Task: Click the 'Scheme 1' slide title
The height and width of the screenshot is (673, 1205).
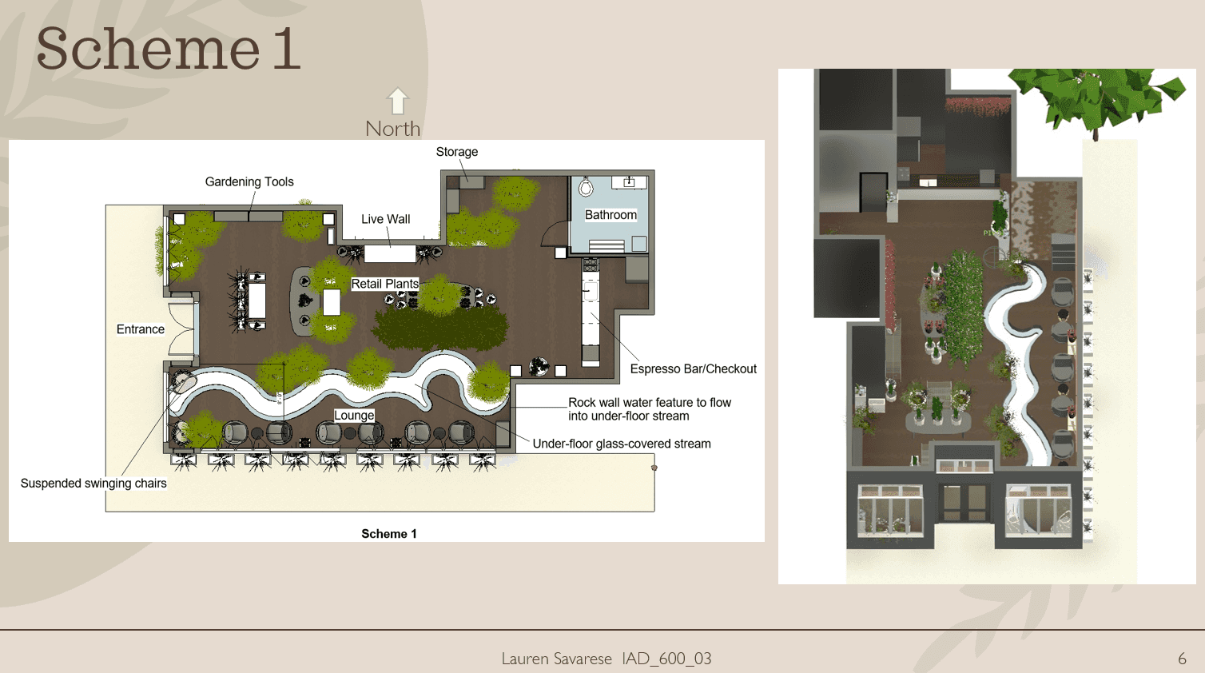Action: tap(169, 49)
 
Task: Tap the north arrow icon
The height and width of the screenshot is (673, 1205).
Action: tap(398, 101)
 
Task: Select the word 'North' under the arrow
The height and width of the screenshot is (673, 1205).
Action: tap(392, 129)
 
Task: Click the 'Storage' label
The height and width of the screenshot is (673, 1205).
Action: tap(457, 152)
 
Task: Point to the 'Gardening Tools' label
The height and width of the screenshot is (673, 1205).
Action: tap(249, 181)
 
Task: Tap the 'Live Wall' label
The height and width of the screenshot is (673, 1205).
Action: tap(385, 220)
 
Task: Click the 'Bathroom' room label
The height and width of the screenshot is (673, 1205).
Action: tap(610, 215)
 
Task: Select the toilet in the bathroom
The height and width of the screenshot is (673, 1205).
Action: tap(586, 187)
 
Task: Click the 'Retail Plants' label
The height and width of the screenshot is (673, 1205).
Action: tap(384, 284)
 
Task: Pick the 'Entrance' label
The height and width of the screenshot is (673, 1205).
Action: tap(141, 329)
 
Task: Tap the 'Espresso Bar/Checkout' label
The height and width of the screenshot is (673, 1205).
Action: tap(694, 369)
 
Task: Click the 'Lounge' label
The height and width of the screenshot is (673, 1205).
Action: tap(354, 416)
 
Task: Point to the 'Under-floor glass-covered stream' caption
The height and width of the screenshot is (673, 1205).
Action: tap(622, 444)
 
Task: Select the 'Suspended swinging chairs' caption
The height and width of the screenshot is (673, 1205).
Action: tap(93, 484)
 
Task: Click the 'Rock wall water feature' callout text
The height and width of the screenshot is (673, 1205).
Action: tap(650, 409)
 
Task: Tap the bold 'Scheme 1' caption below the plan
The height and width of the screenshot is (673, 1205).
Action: tap(389, 534)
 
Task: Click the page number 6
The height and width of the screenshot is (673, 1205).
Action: tap(1182, 659)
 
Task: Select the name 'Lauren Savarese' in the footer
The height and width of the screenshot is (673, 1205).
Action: tap(557, 659)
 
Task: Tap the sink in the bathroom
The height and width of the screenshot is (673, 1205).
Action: tap(629, 182)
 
